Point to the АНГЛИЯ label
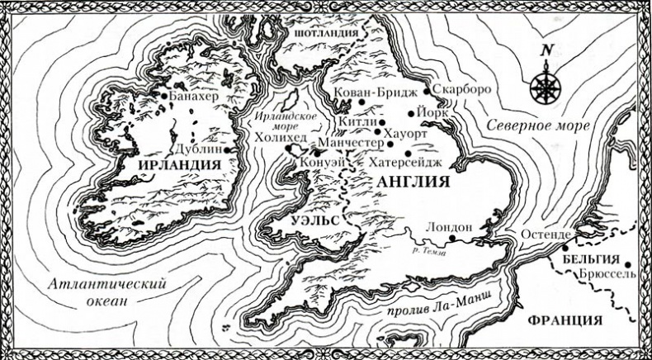tap(412, 182)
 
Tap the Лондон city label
tap(451, 225)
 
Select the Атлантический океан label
tap(107, 291)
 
